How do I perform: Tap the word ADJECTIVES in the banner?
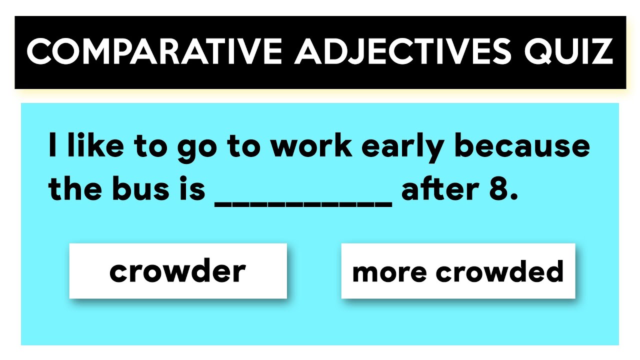click(403, 51)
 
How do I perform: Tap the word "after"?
click(437, 189)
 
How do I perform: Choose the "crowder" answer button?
click(178, 271)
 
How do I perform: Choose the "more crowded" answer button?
click(458, 271)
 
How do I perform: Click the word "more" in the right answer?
click(389, 272)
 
